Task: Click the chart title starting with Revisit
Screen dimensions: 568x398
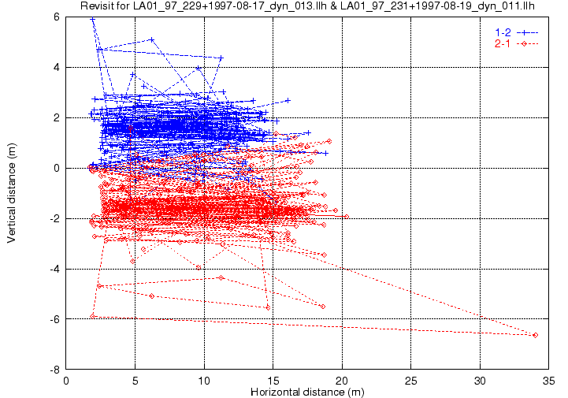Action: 307,6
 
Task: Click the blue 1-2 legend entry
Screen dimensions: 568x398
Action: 517,32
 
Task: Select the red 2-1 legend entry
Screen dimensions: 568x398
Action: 517,44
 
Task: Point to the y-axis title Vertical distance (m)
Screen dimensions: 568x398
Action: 11,193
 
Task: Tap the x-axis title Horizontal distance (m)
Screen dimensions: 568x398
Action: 307,392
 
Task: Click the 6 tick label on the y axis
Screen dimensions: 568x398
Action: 57,17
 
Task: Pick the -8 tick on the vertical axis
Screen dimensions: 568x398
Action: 55,370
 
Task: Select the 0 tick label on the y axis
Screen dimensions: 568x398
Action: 57,168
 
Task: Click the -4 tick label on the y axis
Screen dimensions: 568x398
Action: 55,269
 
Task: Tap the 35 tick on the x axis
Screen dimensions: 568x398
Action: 549,381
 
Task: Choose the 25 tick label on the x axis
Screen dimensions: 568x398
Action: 410,381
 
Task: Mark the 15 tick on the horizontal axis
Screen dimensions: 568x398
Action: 273,381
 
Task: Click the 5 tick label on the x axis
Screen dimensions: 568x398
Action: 136,381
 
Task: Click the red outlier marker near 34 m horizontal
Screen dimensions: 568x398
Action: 536,335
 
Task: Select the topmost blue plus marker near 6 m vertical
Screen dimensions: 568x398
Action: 93,19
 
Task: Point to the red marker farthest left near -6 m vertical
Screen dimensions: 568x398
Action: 92,316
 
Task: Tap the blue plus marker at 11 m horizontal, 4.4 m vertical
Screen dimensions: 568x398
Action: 221,58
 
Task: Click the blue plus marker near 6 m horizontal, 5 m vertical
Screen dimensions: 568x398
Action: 152,39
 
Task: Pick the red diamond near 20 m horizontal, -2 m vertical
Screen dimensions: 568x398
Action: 347,217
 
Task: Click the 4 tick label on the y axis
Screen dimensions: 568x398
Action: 57,68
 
